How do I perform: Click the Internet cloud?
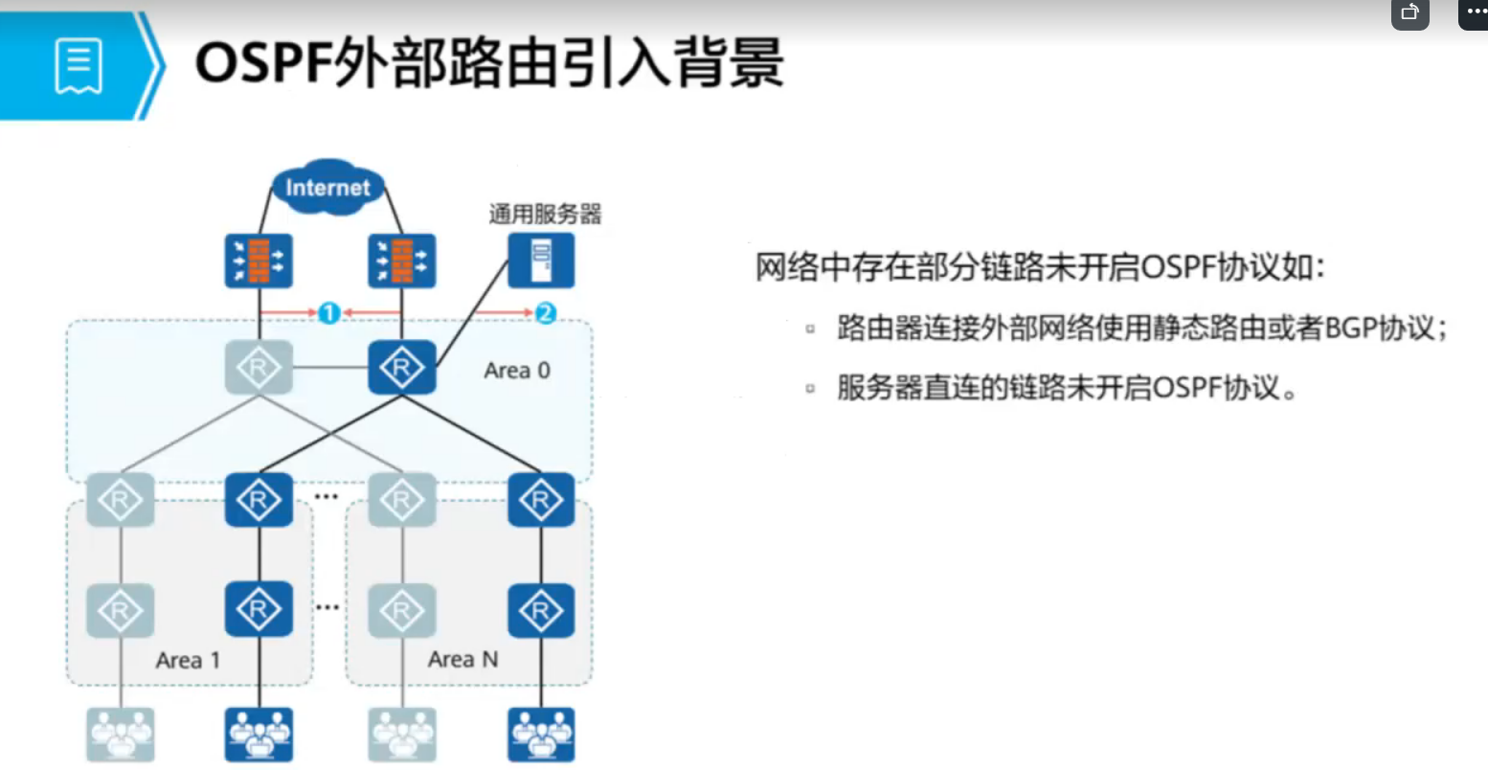tap(327, 187)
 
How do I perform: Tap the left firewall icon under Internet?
tap(259, 260)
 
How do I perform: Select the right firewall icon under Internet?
tap(402, 260)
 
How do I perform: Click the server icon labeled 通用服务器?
tap(541, 260)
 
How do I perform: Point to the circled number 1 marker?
tap(328, 312)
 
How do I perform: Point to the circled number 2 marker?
tap(545, 312)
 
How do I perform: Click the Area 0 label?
tap(517, 371)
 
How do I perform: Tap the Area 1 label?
tap(188, 660)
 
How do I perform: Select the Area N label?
tap(462, 659)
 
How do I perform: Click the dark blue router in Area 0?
tap(402, 368)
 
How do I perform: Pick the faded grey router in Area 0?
tap(259, 368)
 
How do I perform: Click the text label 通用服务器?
tap(545, 215)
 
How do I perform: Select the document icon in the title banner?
tap(79, 65)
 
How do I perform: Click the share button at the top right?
tap(1409, 13)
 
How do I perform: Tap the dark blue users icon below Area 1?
tap(259, 734)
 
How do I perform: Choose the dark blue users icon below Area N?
tap(541, 734)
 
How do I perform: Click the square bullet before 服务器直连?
tap(810, 389)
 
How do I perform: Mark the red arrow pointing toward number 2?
tap(503, 312)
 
